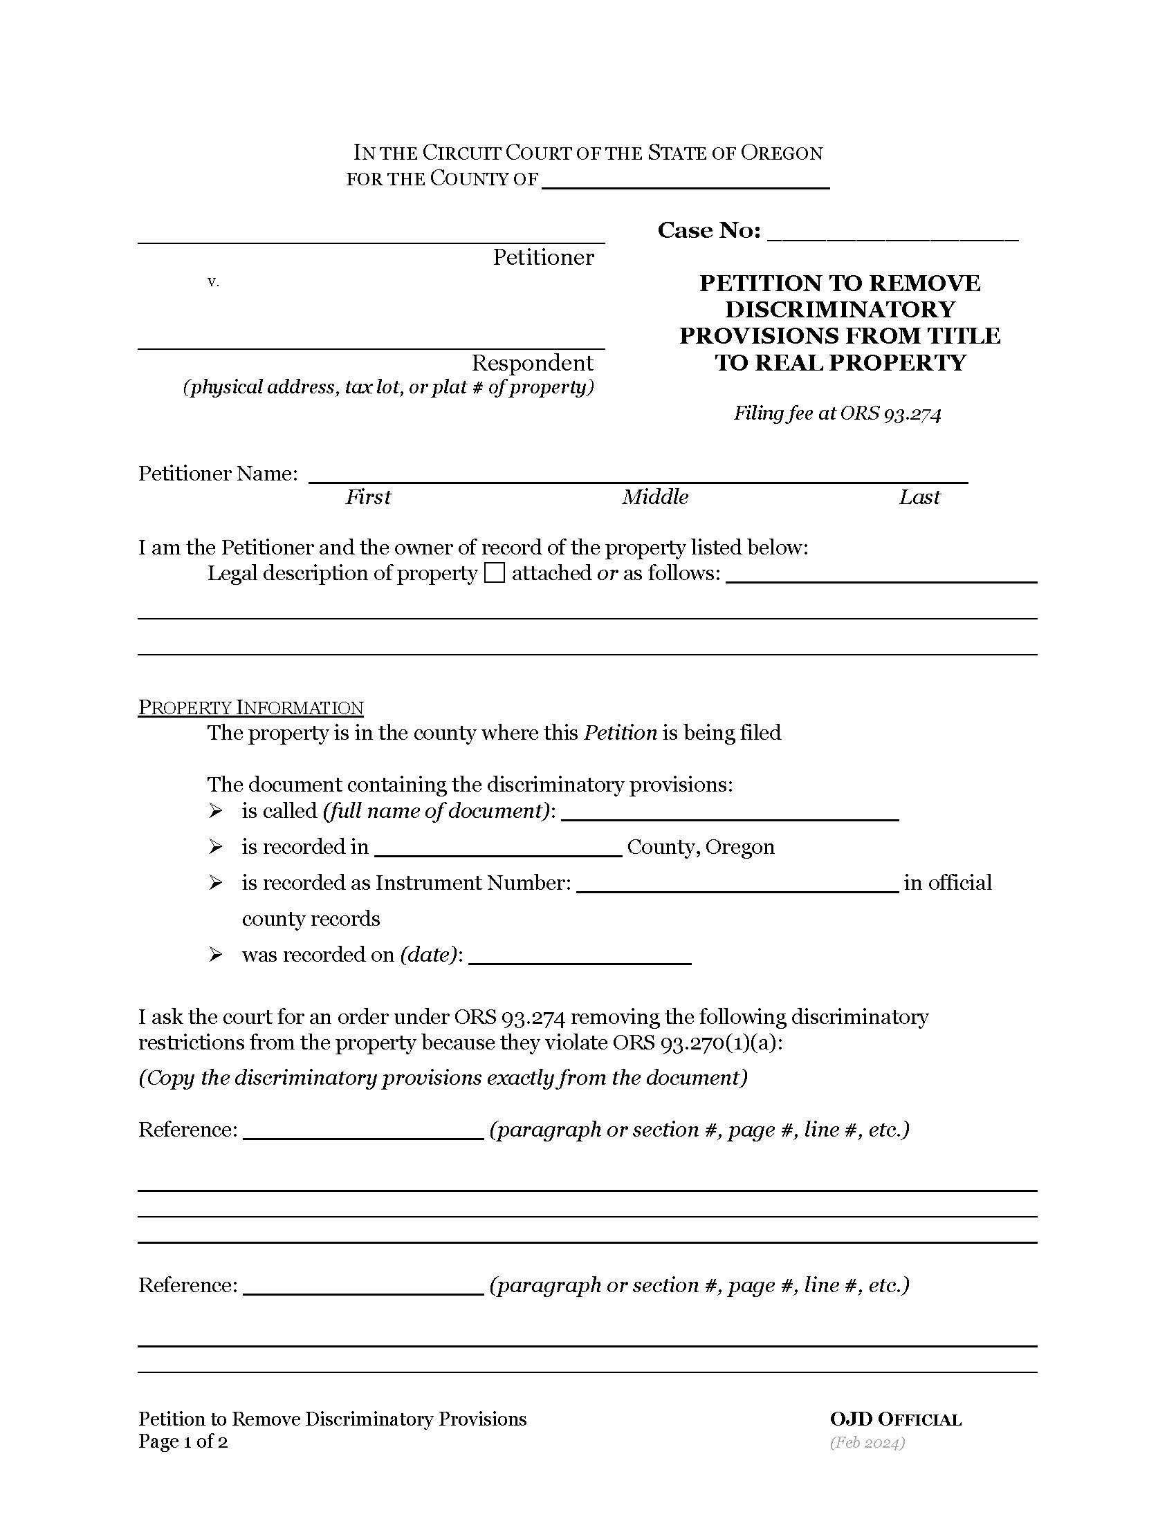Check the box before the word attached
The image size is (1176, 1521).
click(494, 573)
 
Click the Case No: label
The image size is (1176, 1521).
click(708, 230)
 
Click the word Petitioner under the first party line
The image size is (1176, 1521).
click(543, 258)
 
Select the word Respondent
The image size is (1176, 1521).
click(531, 363)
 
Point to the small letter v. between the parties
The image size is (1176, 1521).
click(213, 282)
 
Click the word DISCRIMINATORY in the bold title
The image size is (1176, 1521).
click(840, 309)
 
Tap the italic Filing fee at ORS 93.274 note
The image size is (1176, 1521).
click(837, 413)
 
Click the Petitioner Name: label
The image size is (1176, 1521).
click(218, 474)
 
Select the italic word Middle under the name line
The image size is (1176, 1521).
click(655, 497)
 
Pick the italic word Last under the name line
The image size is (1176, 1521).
click(919, 497)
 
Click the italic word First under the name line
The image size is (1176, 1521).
click(368, 497)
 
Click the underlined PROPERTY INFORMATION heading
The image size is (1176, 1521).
click(251, 707)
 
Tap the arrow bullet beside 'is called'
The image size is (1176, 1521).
click(216, 811)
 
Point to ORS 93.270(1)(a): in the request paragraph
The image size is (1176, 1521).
click(697, 1043)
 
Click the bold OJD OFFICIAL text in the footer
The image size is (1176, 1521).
click(895, 1419)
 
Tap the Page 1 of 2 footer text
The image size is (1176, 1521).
click(183, 1441)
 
